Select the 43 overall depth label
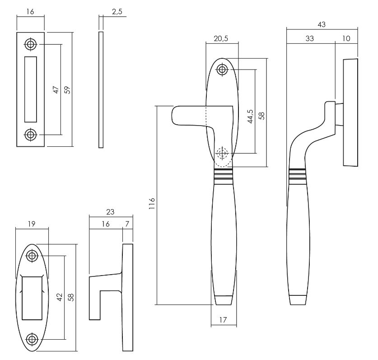click(322, 24)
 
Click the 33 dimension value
click(309, 39)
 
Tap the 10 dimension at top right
click(346, 39)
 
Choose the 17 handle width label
click(223, 319)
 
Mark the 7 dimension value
click(128, 224)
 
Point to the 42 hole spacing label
click(59, 297)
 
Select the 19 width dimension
click(31, 223)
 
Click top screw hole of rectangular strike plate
click(31, 44)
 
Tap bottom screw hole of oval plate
click(32, 339)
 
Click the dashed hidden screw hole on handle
click(221, 154)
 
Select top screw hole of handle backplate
click(222, 70)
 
